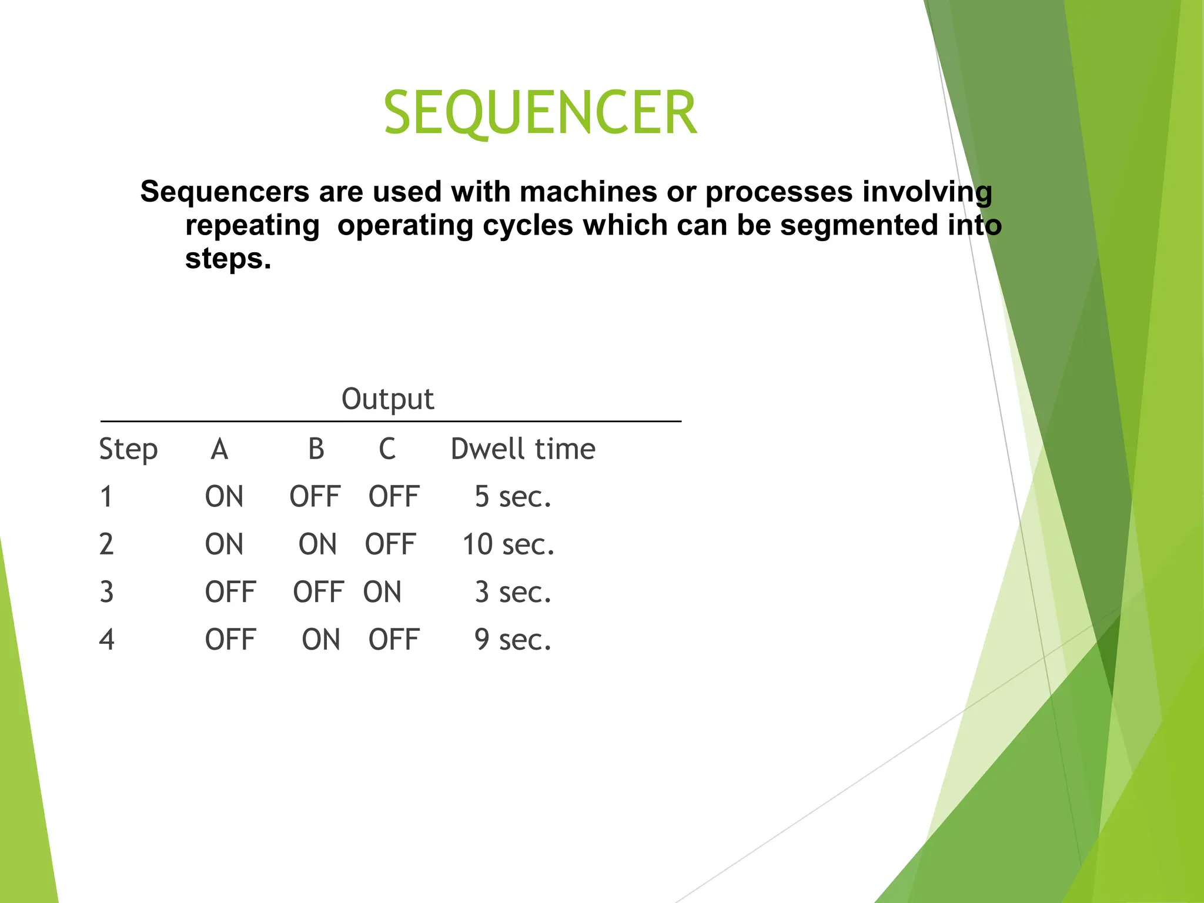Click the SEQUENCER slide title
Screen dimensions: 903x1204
(x=540, y=112)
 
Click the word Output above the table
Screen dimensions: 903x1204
(x=387, y=399)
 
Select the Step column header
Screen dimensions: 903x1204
(x=128, y=450)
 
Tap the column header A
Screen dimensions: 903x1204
(x=219, y=449)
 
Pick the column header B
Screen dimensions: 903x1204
(x=316, y=449)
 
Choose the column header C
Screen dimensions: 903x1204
(x=387, y=449)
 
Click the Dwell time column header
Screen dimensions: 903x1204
(x=523, y=449)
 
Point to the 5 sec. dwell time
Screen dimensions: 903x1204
(x=513, y=497)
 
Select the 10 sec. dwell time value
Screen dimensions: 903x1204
(x=508, y=544)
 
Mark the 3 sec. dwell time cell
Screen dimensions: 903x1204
(x=513, y=592)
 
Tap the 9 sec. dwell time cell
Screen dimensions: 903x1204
(x=513, y=640)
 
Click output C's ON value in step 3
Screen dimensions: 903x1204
(x=382, y=592)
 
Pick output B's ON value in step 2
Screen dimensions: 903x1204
(x=317, y=544)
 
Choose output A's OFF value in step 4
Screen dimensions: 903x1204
(x=230, y=640)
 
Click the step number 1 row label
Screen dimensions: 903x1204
(x=106, y=497)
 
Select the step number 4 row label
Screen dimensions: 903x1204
(x=106, y=640)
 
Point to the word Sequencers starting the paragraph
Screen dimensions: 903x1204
(x=225, y=192)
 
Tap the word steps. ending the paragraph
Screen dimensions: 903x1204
(x=228, y=259)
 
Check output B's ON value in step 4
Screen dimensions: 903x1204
(x=321, y=640)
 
